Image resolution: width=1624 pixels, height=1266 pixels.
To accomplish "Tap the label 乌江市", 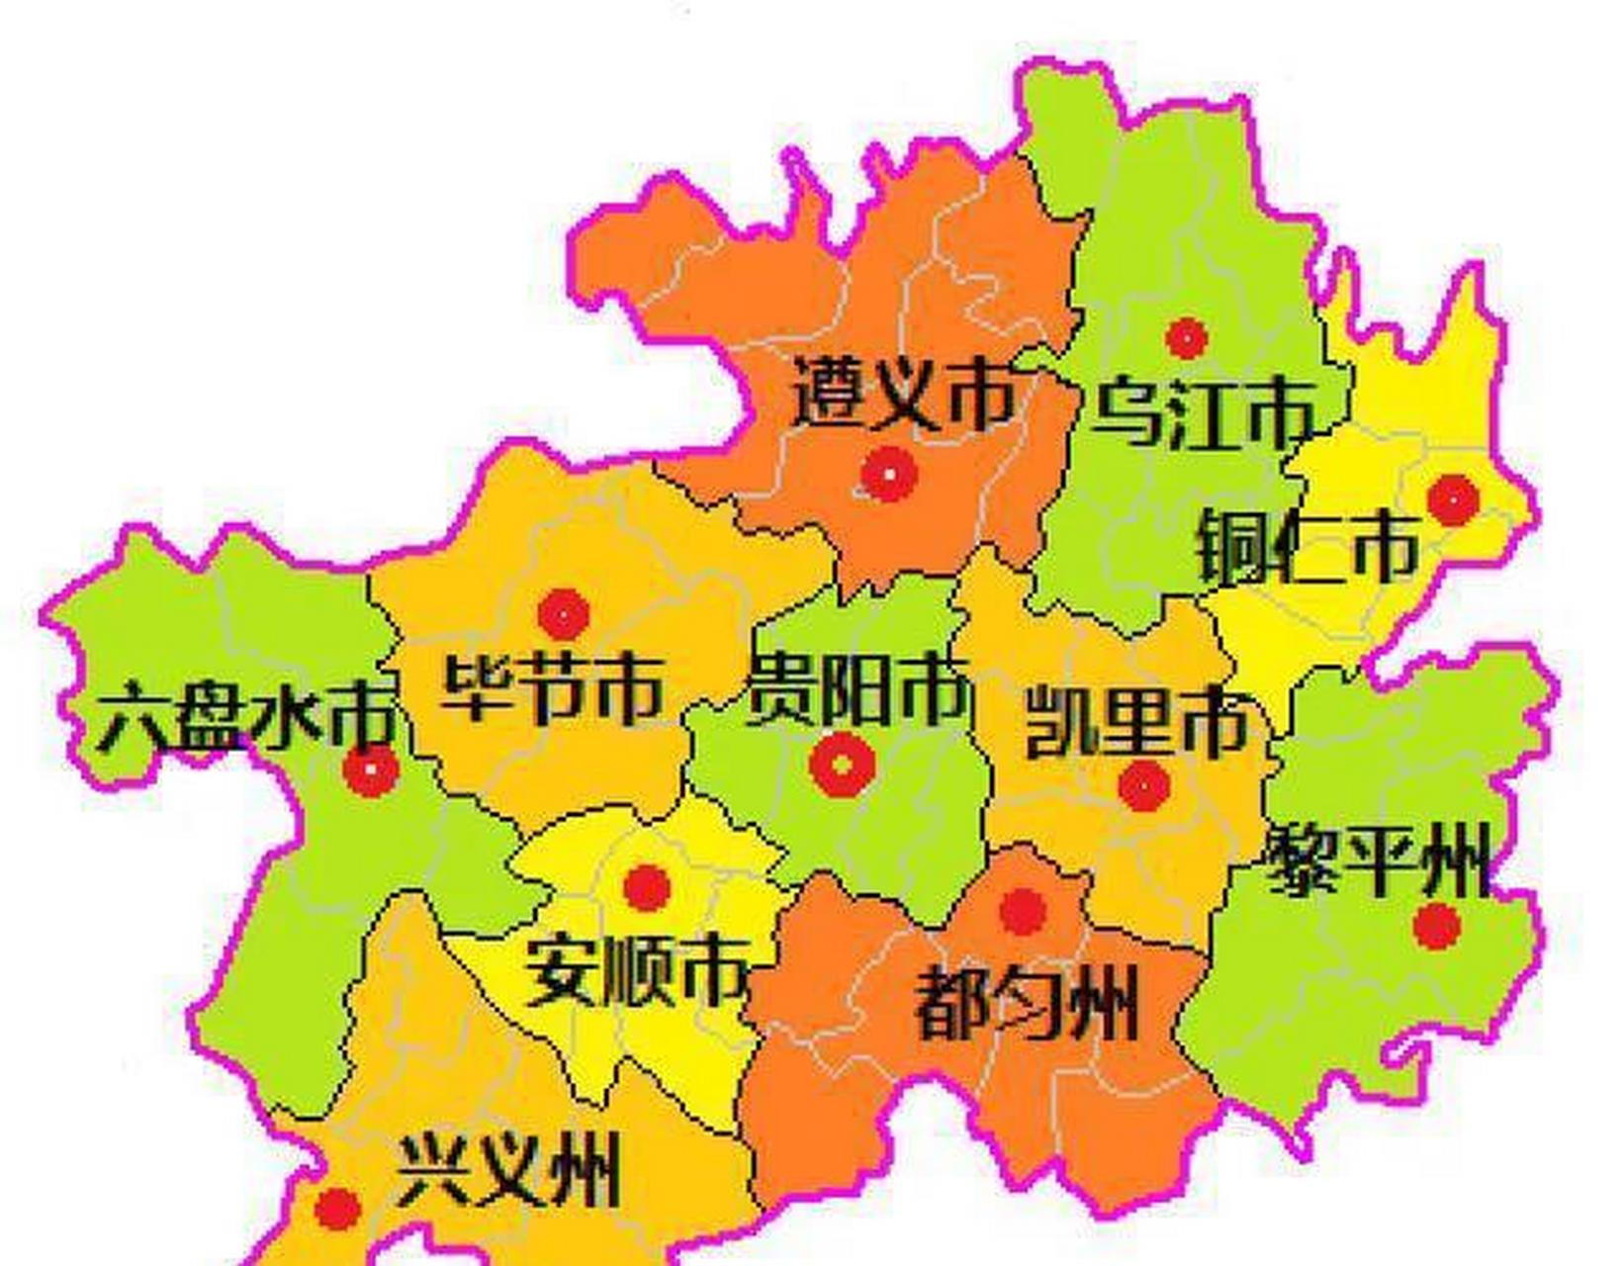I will tap(1203, 412).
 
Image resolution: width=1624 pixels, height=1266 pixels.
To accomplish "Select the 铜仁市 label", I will tap(1308, 548).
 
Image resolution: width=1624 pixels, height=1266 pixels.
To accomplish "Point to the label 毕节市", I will tap(552, 689).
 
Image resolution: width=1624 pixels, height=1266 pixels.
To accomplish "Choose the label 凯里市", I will tap(1135, 724).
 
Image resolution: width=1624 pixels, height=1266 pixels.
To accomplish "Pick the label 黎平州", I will tap(1378, 862).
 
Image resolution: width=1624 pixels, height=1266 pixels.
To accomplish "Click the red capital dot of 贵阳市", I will tap(841, 765).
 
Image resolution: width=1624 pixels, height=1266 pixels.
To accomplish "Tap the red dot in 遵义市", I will tap(888, 474).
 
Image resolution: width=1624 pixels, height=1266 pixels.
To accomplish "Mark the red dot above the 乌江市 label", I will tap(1186, 338).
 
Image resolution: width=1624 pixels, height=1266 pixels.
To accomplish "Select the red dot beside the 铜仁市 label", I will tap(1453, 499).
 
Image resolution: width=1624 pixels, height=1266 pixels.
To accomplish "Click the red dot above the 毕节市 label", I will tap(564, 614).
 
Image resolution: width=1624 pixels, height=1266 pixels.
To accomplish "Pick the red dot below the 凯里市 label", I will tap(1144, 786).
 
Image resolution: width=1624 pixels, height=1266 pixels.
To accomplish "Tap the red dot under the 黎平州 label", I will tap(1437, 927).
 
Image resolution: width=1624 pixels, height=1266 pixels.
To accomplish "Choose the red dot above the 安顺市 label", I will tap(647, 887).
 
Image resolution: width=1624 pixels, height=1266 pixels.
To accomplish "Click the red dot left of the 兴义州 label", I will tap(337, 1209).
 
